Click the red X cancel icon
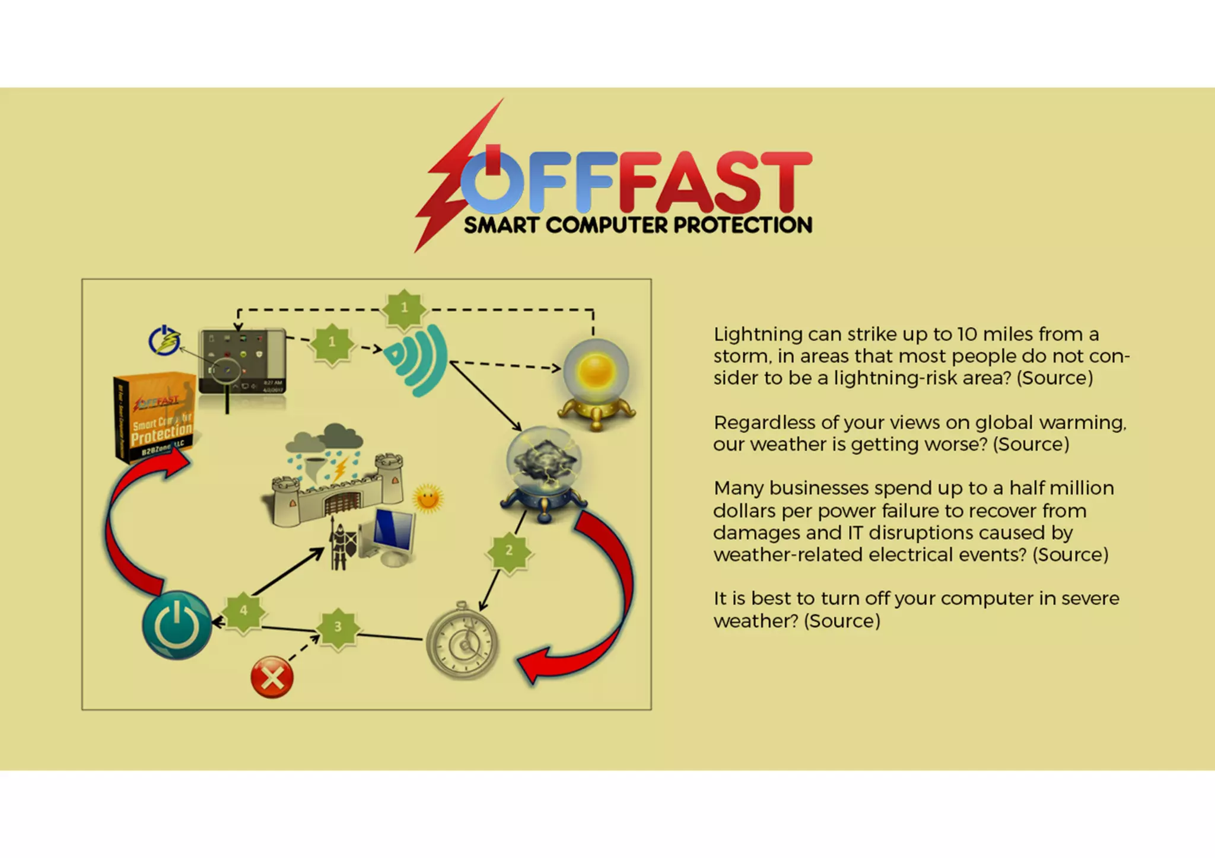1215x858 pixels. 272,677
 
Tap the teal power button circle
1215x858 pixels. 177,625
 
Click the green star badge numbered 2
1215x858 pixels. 509,551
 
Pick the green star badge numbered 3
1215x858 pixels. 338,627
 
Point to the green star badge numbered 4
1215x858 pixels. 243,611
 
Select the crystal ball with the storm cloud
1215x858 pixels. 544,471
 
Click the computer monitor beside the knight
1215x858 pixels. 389,535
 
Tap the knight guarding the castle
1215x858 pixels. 340,546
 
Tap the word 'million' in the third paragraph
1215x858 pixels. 1079,488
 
